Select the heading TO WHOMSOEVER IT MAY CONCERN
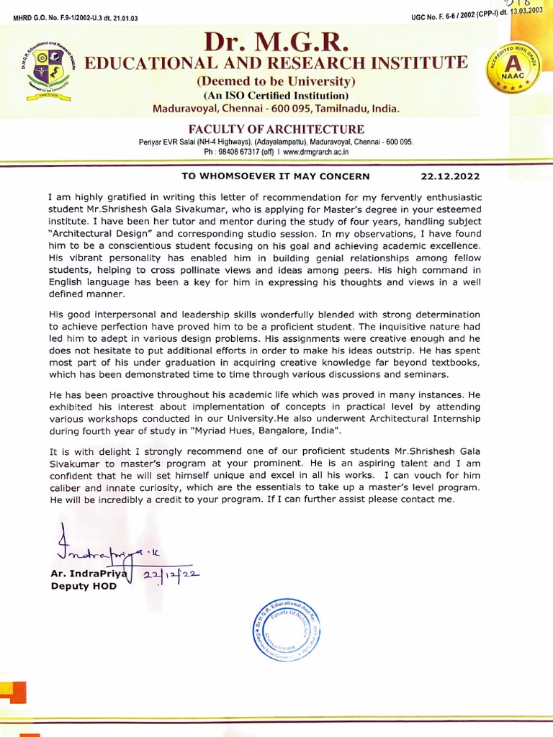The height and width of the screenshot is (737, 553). pyautogui.click(x=275, y=176)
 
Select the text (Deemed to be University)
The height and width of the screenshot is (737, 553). pyautogui.click(x=276, y=81)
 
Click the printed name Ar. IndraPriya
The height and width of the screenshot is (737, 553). pyautogui.click(x=87, y=575)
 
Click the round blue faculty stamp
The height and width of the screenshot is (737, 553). pyautogui.click(x=286, y=630)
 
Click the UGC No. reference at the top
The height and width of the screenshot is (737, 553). pyautogui.click(x=476, y=13)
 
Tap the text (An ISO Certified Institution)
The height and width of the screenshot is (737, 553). pyautogui.click(x=276, y=96)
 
